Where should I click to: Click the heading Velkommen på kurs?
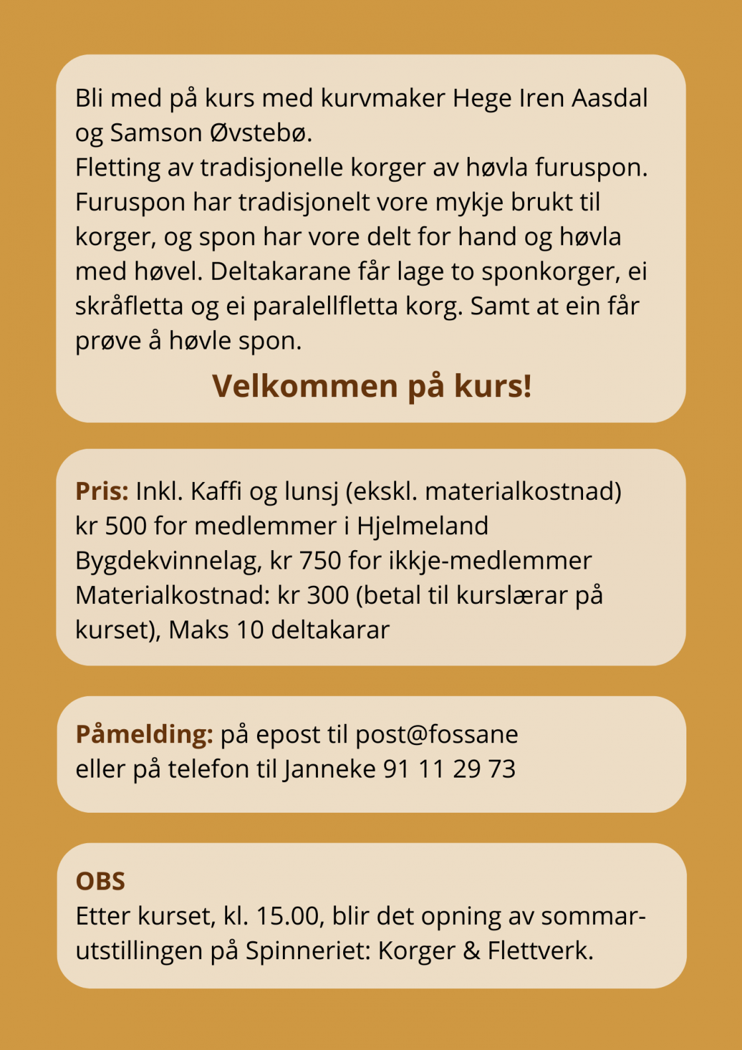coord(372,386)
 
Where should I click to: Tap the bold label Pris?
coord(102,491)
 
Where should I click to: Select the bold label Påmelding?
coord(144,734)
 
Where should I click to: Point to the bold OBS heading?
coord(100,881)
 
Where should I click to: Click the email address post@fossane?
coord(437,734)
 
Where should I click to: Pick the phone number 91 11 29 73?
coord(449,769)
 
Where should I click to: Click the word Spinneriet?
coord(307,951)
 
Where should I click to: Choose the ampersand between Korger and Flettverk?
coord(471,951)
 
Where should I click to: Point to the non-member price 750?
coord(320,560)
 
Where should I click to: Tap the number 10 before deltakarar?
coord(250,629)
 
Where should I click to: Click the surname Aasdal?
coord(609,98)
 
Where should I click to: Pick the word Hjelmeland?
coord(422,526)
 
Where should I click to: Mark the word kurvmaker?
coord(383,98)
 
